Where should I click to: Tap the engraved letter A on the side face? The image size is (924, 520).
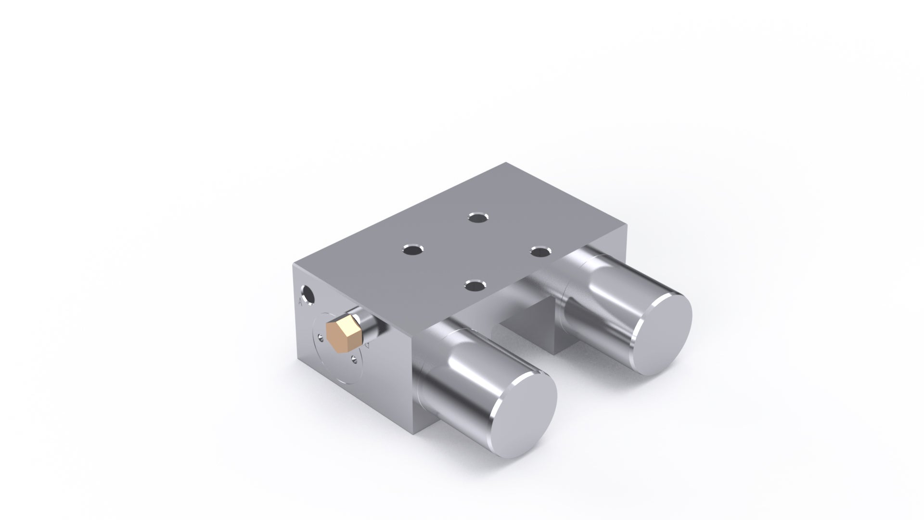point(300,302)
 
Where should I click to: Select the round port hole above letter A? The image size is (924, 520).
point(307,295)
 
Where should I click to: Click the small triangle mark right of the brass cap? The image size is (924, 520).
point(367,345)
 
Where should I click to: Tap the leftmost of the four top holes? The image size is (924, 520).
point(412,250)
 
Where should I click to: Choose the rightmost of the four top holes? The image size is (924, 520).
point(541,250)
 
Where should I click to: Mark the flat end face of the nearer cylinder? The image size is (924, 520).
point(522,402)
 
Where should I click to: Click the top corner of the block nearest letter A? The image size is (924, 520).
point(294,264)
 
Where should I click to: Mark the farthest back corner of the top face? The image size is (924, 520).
point(506,163)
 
